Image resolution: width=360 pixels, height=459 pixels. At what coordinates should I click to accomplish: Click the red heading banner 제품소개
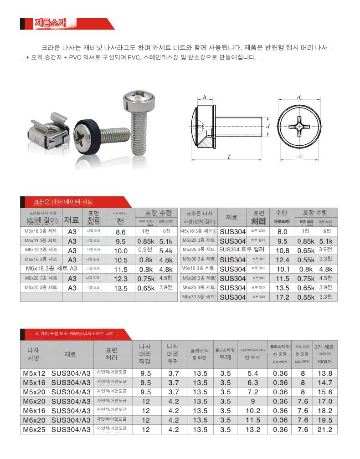(50, 23)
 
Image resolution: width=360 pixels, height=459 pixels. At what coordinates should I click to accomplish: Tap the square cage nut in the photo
(48, 133)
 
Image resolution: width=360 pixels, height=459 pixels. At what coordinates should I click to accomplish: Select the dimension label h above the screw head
(205, 97)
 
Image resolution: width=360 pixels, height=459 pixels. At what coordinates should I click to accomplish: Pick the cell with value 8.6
(120, 232)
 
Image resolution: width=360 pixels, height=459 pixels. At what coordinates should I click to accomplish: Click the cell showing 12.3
(120, 278)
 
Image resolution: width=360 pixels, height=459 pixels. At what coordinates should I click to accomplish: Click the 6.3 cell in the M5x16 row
(253, 382)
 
